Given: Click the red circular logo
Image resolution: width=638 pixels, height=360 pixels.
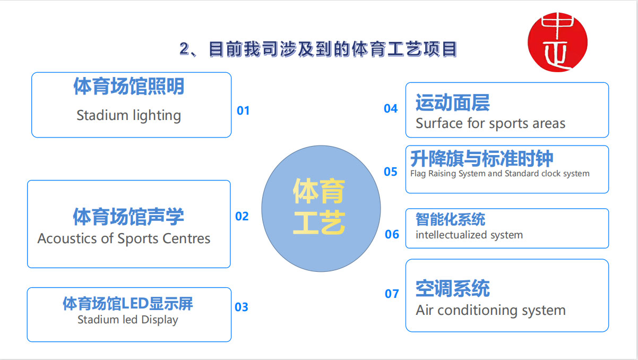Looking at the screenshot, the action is click(557, 42).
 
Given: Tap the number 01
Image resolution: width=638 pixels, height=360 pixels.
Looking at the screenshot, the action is click(243, 110).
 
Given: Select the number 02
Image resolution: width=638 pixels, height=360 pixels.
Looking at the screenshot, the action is click(242, 216).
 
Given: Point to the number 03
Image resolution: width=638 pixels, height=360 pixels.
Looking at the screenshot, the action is click(242, 307).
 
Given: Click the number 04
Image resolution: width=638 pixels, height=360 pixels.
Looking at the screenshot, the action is click(391, 109).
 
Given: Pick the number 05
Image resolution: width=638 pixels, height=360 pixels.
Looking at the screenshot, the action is click(391, 172).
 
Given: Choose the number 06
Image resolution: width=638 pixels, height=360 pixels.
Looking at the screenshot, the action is click(392, 234).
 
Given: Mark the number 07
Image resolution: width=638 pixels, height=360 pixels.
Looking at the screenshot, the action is click(392, 294).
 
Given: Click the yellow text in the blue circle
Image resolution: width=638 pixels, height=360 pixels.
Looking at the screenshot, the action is click(319, 207).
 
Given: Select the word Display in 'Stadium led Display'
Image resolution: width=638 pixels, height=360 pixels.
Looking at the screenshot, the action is click(160, 320).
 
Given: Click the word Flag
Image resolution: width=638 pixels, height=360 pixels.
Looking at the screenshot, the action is click(418, 174).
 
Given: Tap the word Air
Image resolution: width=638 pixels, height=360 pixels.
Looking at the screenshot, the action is click(425, 310).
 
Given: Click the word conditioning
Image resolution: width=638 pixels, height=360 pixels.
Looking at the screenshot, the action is click(477, 311).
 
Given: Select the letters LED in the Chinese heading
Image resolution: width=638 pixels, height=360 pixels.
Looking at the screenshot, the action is click(135, 303).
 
